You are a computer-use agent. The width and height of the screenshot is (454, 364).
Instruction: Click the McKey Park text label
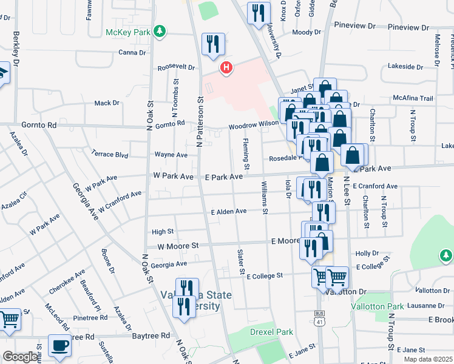click(x=128, y=32)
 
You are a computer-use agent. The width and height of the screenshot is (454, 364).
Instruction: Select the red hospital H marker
click(x=226, y=68)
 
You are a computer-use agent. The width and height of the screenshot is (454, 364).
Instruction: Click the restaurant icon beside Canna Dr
click(x=213, y=44)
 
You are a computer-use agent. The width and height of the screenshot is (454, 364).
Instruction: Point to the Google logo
click(x=20, y=357)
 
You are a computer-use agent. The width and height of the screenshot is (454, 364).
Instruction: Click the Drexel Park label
click(x=271, y=332)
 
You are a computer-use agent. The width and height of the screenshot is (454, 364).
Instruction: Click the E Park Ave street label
click(x=223, y=177)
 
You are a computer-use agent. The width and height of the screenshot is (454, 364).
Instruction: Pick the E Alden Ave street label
click(x=228, y=211)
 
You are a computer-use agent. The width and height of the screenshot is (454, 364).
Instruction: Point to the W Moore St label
click(x=178, y=246)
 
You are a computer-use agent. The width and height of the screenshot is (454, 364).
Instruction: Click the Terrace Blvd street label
click(x=109, y=155)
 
